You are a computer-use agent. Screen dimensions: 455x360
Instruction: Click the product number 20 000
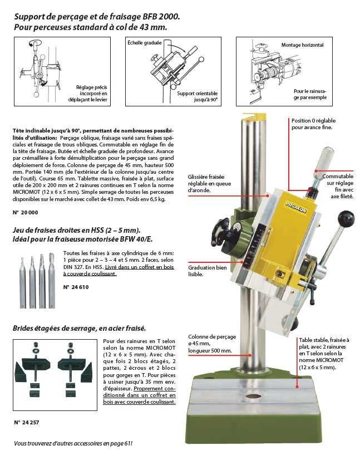25,213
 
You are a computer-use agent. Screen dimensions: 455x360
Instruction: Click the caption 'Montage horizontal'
302,45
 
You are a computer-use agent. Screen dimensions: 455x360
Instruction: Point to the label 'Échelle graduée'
144,42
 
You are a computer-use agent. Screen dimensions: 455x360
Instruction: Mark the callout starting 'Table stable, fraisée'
324,354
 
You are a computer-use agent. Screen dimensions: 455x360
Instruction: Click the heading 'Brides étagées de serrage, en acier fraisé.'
79,328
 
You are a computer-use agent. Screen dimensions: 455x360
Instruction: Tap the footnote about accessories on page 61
73,444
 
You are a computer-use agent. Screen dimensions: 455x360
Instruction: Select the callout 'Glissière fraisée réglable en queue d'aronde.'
209,183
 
